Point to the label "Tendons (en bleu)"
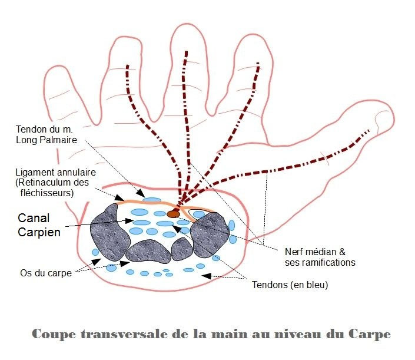point(290,285)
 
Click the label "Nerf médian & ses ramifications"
point(320,256)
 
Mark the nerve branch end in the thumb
point(370,130)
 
